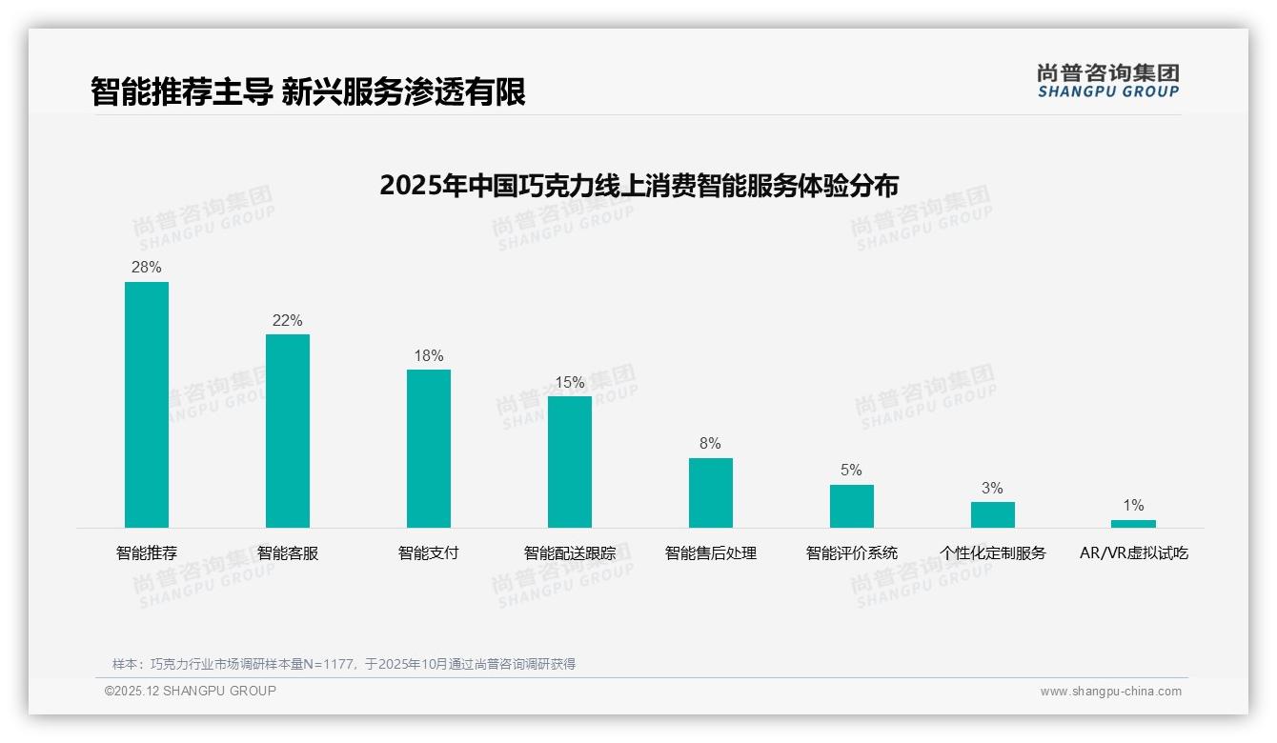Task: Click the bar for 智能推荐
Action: pyautogui.click(x=147, y=405)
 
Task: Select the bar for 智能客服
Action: pyautogui.click(x=288, y=431)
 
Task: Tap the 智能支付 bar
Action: pyautogui.click(x=429, y=449)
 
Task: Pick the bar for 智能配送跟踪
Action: pyautogui.click(x=570, y=462)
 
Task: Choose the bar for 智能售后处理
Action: pyautogui.click(x=711, y=492)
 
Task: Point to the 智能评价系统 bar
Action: pyautogui.click(x=852, y=506)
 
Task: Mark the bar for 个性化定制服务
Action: pyautogui.click(x=993, y=514)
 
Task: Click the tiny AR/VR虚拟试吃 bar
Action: pyautogui.click(x=1133, y=523)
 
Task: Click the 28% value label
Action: pyautogui.click(x=147, y=268)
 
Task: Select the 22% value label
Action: pyautogui.click(x=288, y=321)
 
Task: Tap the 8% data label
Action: pyautogui.click(x=710, y=444)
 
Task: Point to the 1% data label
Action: pyautogui.click(x=1133, y=506)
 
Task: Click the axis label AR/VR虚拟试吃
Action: pyautogui.click(x=1134, y=553)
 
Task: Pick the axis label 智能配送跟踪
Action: pyautogui.click(x=570, y=553)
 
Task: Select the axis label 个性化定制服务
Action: pyautogui.click(x=993, y=553)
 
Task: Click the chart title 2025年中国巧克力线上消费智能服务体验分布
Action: pyautogui.click(x=638, y=185)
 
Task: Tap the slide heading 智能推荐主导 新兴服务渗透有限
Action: pyautogui.click(x=308, y=91)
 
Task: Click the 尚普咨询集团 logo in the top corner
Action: pyautogui.click(x=1108, y=81)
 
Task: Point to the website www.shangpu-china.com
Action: pyautogui.click(x=1110, y=692)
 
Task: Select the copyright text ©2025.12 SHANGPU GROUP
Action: pyautogui.click(x=191, y=691)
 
